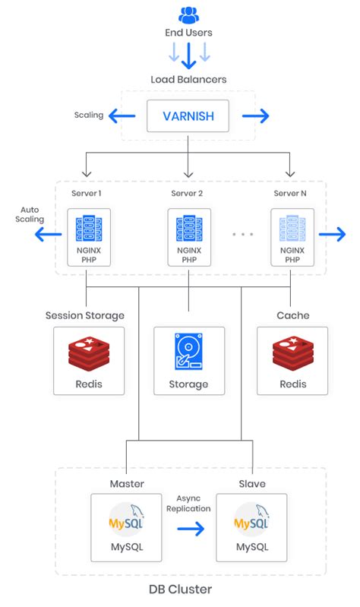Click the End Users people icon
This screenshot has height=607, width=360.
pos(188,14)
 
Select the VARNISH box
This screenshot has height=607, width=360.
pos(188,117)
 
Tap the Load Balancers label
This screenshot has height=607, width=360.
pos(188,79)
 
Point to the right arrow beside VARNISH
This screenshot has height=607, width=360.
pos(256,116)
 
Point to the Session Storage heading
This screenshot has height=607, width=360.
pos(85,315)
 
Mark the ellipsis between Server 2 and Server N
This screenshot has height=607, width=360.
pos(242,234)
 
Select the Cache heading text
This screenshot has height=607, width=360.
pos(292,315)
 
